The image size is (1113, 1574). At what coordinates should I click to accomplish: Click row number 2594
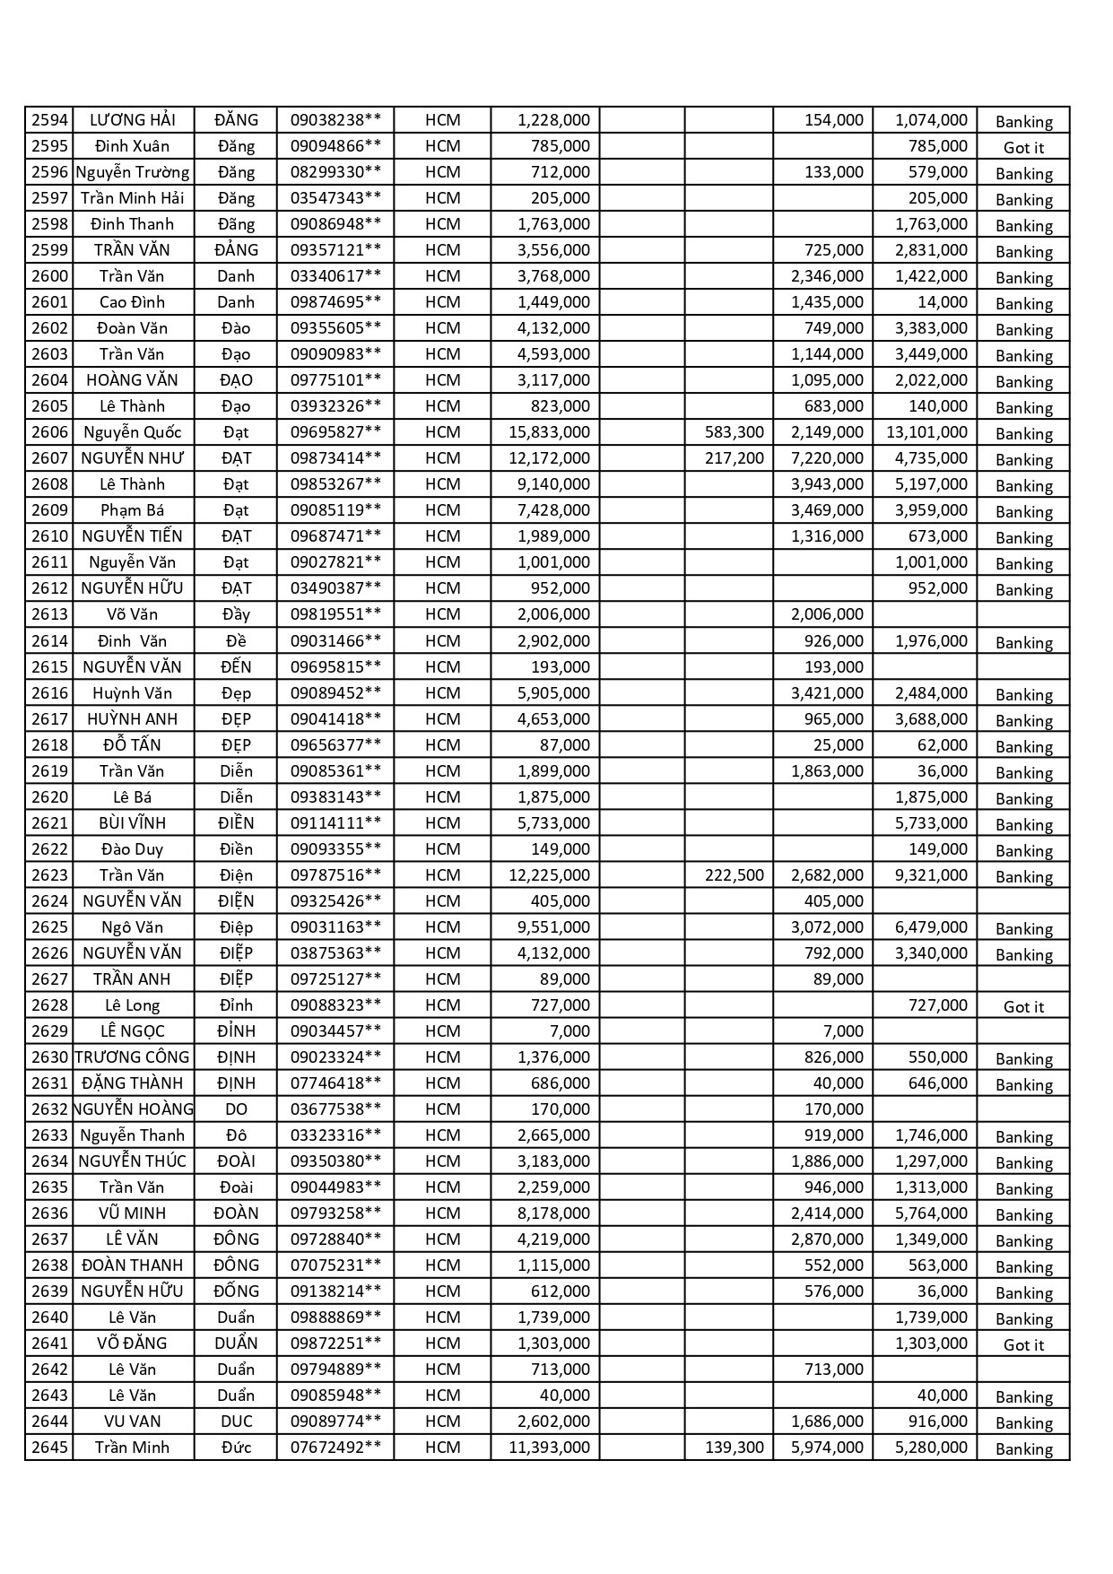(49, 120)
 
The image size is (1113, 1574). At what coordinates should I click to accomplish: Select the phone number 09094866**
(335, 146)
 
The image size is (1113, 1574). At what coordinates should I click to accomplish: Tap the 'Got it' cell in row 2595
(1023, 148)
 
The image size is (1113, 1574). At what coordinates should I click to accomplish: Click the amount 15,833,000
(549, 432)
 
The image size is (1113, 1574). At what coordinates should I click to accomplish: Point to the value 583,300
(734, 432)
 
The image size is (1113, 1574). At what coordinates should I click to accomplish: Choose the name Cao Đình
(132, 302)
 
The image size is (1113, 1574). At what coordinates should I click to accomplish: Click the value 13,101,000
(926, 432)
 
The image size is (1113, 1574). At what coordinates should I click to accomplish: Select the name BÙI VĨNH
(132, 823)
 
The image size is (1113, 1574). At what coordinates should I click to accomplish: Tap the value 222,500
(734, 875)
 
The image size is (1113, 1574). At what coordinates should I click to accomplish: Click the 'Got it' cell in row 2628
(1023, 1007)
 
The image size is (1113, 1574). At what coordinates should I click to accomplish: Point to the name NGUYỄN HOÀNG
(133, 1109)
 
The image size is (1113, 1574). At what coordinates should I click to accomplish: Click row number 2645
(49, 1448)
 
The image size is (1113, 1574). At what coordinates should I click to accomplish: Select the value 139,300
(734, 1448)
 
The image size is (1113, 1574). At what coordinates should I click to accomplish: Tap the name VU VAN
(132, 1422)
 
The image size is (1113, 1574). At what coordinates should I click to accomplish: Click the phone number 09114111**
(335, 823)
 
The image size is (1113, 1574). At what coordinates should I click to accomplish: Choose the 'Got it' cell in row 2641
(1023, 1345)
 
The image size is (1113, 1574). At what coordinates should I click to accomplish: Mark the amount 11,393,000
(549, 1448)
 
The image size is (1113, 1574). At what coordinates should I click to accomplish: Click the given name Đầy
(236, 614)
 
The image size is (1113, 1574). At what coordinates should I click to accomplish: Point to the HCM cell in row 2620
(442, 797)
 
